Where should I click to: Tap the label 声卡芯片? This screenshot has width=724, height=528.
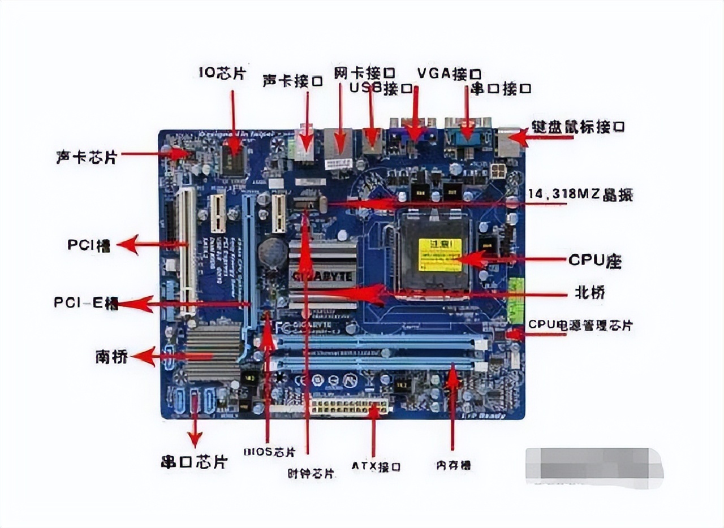click(86, 157)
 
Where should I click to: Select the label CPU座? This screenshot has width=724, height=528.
click(594, 261)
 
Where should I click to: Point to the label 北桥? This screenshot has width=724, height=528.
click(590, 293)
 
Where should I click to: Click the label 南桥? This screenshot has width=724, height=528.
click(111, 357)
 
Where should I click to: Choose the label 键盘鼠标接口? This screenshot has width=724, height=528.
click(578, 127)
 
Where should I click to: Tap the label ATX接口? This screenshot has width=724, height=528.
click(376, 467)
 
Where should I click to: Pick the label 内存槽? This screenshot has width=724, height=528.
click(453, 465)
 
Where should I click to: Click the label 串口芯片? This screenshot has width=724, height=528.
click(194, 462)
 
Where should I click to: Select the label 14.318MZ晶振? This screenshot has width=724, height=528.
click(580, 196)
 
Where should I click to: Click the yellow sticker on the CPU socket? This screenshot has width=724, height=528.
click(439, 254)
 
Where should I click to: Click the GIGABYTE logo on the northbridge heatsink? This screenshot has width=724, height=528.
click(322, 276)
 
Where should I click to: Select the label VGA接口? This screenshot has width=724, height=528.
click(449, 73)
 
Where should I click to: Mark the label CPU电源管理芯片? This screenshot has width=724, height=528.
click(580, 326)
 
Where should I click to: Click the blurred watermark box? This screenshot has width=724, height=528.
click(593, 467)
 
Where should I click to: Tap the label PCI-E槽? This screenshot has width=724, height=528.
click(85, 303)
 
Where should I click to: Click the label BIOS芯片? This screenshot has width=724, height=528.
click(269, 452)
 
